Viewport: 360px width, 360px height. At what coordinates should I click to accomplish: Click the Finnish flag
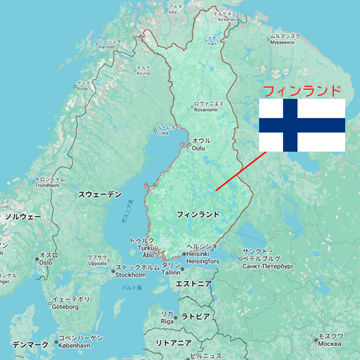[x=301, y=125]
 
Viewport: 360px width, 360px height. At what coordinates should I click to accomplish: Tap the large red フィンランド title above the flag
[x=301, y=91]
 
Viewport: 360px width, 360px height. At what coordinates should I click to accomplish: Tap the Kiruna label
[x=143, y=71]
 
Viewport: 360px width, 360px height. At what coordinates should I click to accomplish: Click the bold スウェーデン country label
[x=100, y=193]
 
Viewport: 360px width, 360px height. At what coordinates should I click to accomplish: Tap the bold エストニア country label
[x=193, y=284]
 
